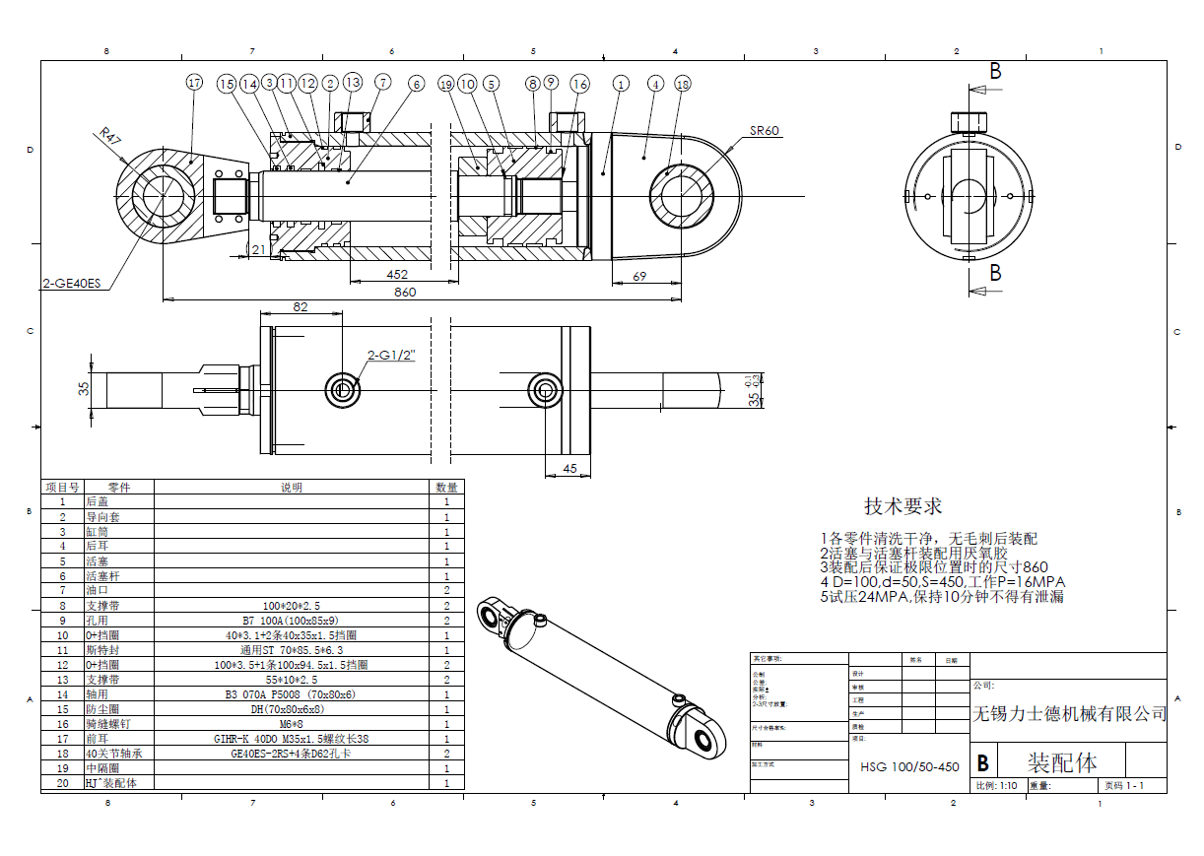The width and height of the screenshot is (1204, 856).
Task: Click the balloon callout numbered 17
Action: (194, 83)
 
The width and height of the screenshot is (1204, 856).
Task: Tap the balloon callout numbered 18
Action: (683, 85)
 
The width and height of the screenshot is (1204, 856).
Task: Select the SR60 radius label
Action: (766, 130)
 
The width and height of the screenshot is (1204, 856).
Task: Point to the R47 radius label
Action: (108, 136)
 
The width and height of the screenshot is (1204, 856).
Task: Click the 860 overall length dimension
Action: (405, 292)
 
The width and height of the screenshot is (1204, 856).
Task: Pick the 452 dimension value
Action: (397, 275)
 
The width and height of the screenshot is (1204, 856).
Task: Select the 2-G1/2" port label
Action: (391, 356)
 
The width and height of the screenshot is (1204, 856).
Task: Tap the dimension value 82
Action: (301, 307)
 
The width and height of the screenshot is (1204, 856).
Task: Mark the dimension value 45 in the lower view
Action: (569, 468)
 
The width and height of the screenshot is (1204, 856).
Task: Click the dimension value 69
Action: (639, 277)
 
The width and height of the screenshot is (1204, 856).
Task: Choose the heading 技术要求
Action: (903, 506)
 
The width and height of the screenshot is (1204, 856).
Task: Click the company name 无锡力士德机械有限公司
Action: (1069, 713)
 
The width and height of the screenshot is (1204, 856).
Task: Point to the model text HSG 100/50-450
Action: (908, 766)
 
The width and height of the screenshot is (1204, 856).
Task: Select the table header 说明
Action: (292, 487)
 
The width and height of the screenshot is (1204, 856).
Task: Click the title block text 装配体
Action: (1062, 762)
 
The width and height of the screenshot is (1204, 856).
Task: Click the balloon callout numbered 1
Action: (620, 85)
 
